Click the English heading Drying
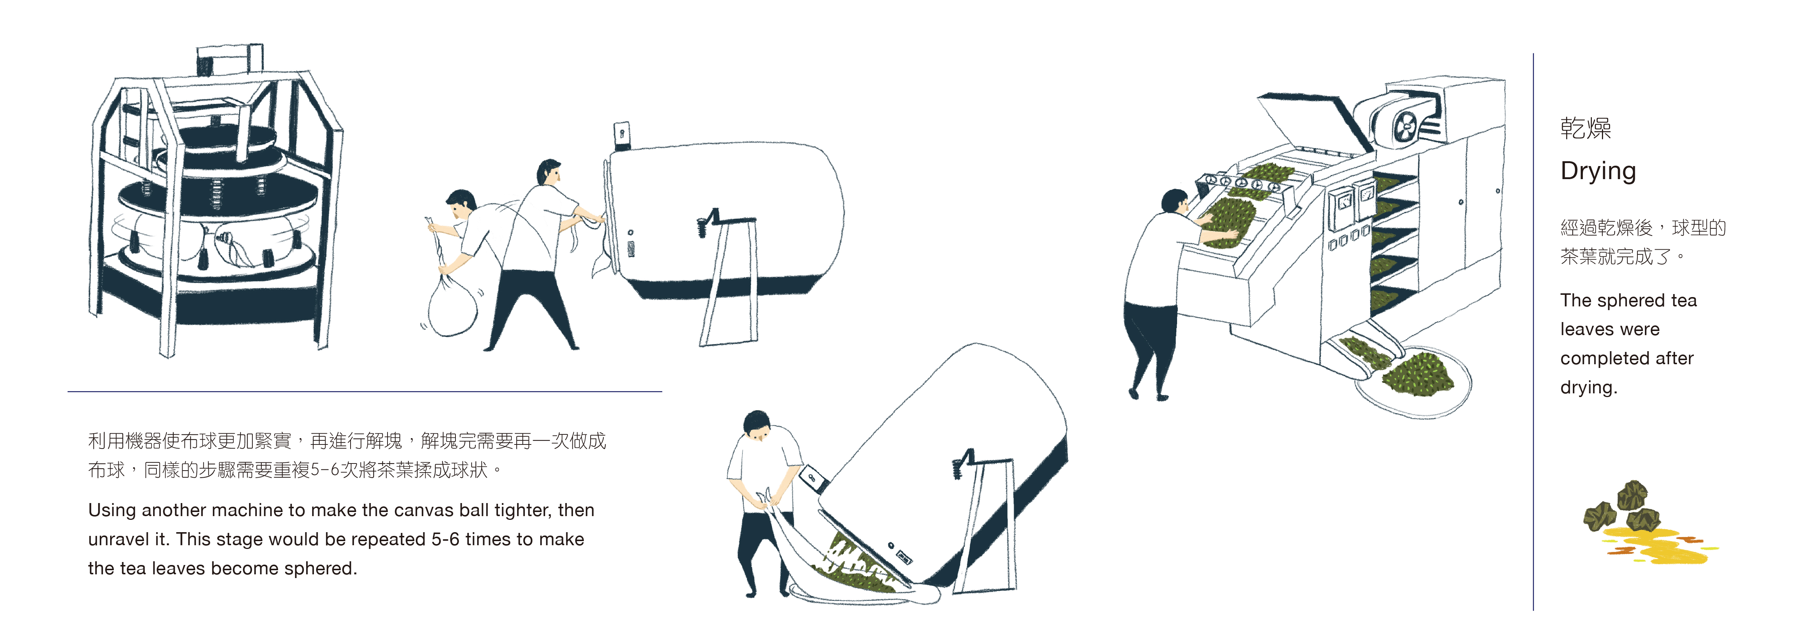pyautogui.click(x=1598, y=171)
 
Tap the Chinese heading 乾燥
pyautogui.click(x=1586, y=128)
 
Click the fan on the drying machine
pyautogui.click(x=1405, y=129)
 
